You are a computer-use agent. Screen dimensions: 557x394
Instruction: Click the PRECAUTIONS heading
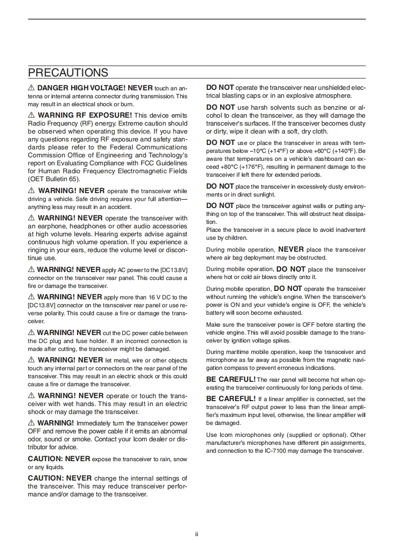[x=68, y=72]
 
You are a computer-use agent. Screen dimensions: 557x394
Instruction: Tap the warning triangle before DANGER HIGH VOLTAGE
[x=31, y=88]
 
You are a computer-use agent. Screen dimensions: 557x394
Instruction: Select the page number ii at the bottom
[x=197, y=534]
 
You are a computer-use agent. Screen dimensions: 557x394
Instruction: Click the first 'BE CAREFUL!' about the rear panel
[x=231, y=380]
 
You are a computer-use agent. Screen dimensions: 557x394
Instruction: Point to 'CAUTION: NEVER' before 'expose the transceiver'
[x=59, y=459]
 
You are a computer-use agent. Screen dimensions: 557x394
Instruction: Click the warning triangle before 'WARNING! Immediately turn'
[x=31, y=423]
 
